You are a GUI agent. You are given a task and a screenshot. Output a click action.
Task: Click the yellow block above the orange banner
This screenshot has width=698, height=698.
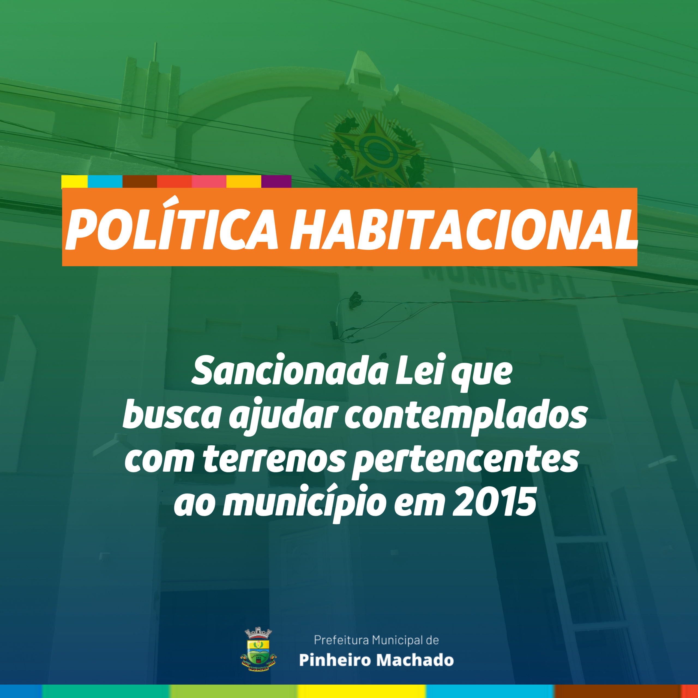[74, 181]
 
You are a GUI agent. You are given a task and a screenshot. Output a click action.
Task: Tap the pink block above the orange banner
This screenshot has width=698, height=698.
[209, 181]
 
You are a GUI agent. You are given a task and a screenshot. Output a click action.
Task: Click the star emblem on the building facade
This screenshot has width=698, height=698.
[376, 148]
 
